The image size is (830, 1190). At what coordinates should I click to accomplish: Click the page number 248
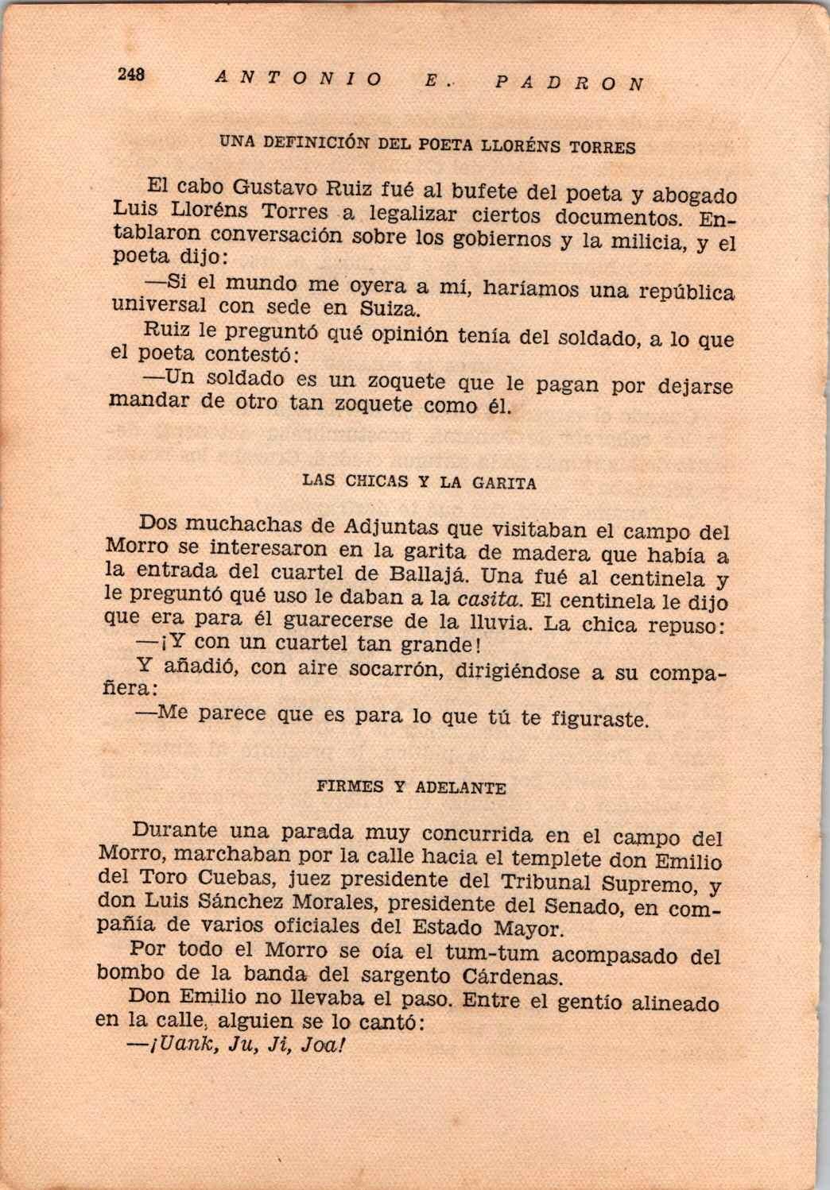click(130, 74)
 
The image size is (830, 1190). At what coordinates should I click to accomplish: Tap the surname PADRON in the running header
click(568, 82)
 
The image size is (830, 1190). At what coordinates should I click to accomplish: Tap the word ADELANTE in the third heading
click(461, 788)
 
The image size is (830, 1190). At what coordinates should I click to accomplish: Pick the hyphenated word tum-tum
click(491, 952)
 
